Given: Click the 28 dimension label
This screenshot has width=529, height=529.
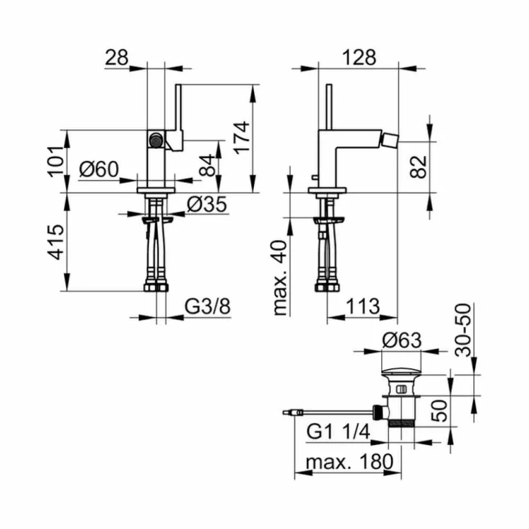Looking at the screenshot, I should [116, 57].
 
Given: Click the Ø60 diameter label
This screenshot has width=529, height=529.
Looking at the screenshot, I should [99, 169].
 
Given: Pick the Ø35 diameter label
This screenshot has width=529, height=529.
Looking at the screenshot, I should [207, 205].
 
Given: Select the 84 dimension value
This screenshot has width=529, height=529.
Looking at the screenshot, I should [207, 165].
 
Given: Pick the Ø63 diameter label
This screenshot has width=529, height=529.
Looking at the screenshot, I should [401, 340].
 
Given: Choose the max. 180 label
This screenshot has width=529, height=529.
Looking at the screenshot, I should [349, 462].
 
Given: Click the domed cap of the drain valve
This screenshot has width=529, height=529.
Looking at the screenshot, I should [401, 371].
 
